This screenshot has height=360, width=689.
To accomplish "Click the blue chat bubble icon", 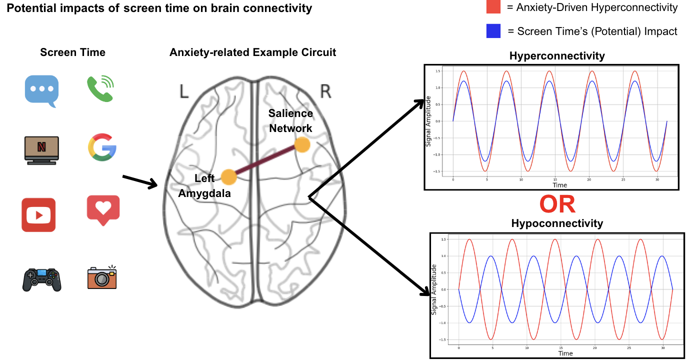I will click(41, 90).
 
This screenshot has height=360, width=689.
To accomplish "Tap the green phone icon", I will click(100, 88).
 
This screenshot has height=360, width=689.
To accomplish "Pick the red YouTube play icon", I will click(38, 215).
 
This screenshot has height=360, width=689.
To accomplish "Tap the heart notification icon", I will click(103, 209).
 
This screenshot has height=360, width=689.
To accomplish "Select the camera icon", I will click(102, 277).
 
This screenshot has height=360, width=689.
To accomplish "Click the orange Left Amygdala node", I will click(228, 176).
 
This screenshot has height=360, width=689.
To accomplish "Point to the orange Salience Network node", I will click(302, 145).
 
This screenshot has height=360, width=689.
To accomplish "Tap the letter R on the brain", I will click(325, 92).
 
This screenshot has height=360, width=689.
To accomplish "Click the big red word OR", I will click(557, 204).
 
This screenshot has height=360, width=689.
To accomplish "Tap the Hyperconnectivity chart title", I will click(557, 56).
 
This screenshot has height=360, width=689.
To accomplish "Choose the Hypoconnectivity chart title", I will click(557, 223).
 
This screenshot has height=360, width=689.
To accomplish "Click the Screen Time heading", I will click(73, 52).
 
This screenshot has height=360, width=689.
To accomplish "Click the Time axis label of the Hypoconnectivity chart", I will click(565, 353).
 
